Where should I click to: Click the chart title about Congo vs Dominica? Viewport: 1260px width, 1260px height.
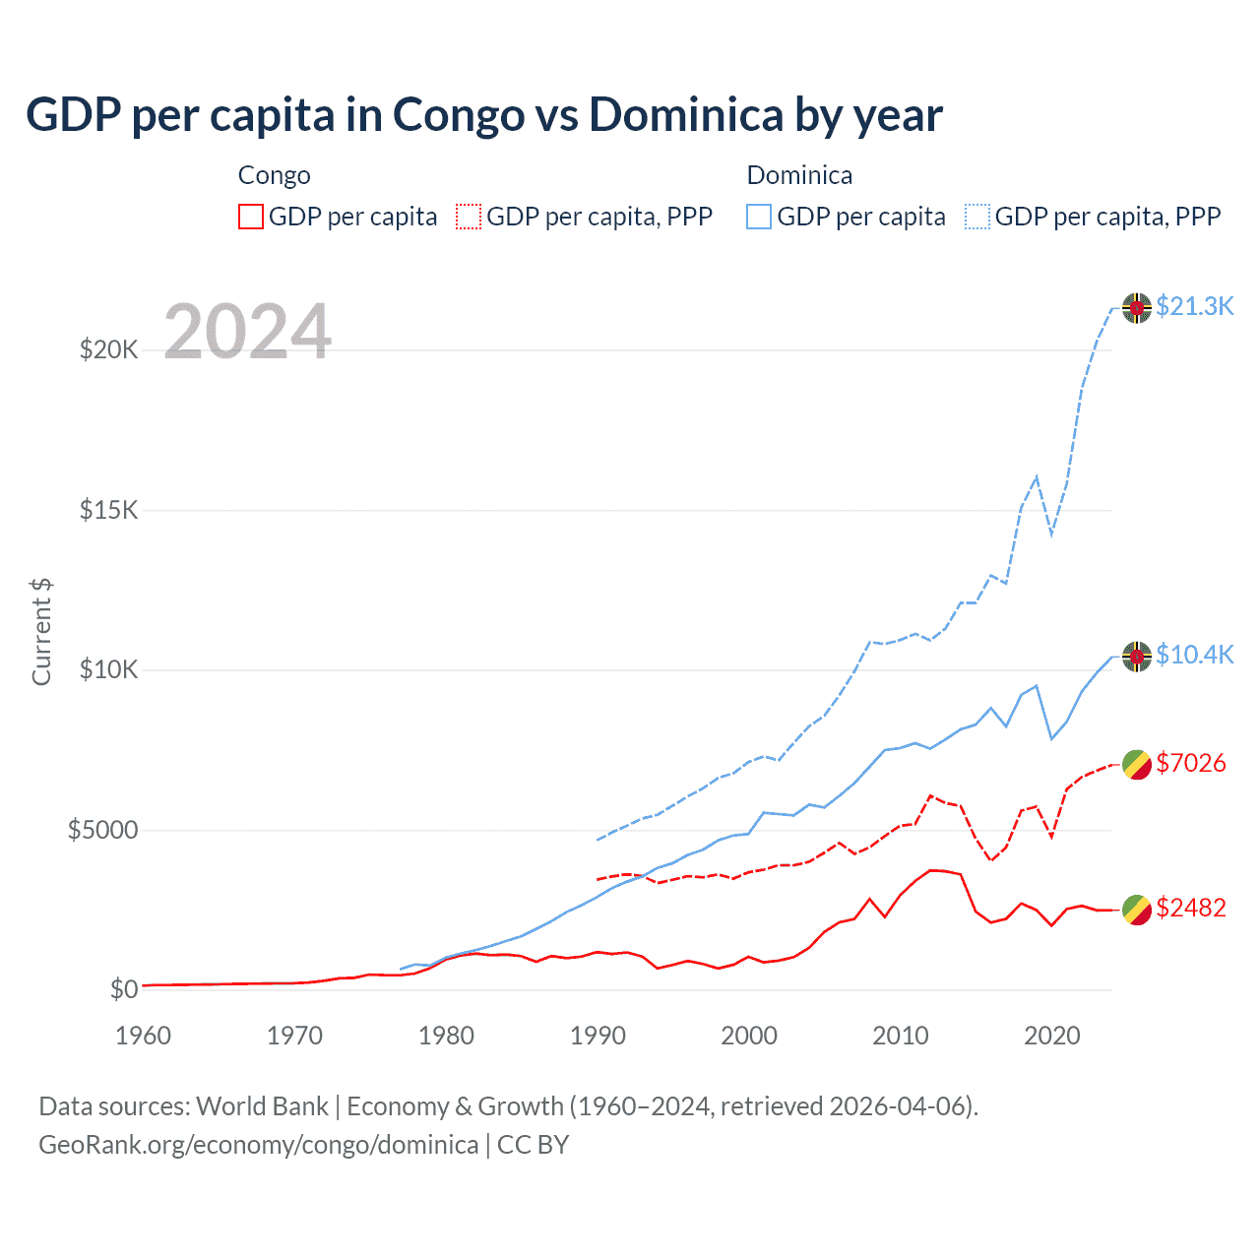point(484,115)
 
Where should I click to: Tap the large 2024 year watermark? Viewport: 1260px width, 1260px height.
point(247,332)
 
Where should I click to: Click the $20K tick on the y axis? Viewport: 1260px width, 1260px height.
point(108,349)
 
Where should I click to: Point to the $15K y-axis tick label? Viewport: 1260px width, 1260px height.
point(108,510)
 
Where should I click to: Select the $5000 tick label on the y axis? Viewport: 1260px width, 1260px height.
point(102,830)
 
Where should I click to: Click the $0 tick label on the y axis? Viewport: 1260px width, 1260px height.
point(123,989)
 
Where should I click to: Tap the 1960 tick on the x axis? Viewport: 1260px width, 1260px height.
point(144,1036)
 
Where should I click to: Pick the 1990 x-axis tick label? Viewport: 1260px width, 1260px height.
point(598,1036)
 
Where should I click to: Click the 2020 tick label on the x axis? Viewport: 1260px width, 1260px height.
point(1052,1036)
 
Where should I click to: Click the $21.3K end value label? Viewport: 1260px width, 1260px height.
point(1194,306)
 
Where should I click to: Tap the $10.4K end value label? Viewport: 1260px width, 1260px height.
point(1194,655)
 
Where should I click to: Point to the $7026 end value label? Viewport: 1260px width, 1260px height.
point(1191,763)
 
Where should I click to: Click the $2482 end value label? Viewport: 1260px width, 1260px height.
point(1191,908)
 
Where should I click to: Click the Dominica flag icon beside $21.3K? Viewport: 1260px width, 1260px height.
point(1137,308)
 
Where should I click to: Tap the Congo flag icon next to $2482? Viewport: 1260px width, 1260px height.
point(1137,910)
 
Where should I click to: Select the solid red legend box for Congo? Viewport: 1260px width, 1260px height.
point(251,217)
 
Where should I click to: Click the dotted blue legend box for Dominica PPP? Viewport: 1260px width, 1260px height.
point(977,217)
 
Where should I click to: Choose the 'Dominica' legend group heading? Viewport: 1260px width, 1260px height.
point(799,175)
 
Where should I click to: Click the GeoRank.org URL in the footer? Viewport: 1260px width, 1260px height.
point(258,1145)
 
